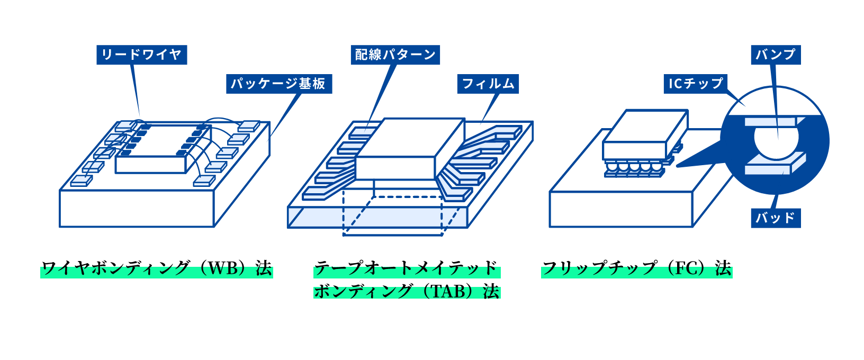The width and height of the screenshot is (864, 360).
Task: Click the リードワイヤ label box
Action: click(141, 55)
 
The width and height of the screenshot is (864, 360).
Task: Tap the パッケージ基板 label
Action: click(278, 84)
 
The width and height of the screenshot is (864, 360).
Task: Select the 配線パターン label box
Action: click(395, 55)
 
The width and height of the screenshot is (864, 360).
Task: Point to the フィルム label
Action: click(488, 84)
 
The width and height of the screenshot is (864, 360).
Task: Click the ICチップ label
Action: click(696, 84)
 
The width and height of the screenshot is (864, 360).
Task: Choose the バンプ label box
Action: click(776, 55)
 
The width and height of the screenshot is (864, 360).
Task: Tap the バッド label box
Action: click(776, 218)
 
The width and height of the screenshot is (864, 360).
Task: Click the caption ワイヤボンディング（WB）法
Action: click(157, 268)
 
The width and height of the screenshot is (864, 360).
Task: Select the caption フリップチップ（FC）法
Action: click(636, 268)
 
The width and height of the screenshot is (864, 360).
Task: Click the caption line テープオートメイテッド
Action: click(406, 268)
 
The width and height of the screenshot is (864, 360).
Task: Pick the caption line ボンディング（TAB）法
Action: click(406, 291)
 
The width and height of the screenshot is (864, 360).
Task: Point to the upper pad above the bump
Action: click(771, 122)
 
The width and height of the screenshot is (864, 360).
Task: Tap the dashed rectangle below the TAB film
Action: click(392, 222)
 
